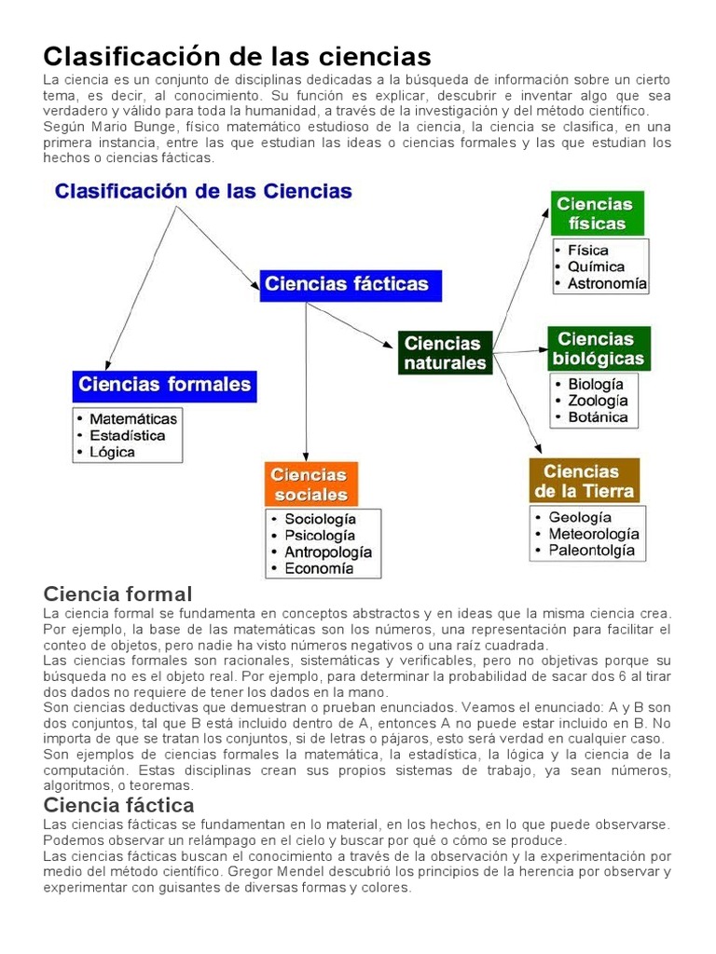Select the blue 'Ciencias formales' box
click(x=164, y=385)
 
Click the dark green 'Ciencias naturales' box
click(x=445, y=353)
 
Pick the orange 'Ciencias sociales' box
click(x=310, y=484)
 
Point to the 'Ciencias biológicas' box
click(x=598, y=348)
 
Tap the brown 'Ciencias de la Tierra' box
click(x=584, y=481)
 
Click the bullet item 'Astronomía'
click(x=607, y=284)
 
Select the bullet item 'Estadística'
click(x=128, y=435)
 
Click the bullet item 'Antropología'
click(x=328, y=552)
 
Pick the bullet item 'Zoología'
click(x=598, y=401)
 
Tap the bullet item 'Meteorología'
click(x=594, y=534)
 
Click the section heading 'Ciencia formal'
click(x=117, y=593)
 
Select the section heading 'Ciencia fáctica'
click(x=119, y=805)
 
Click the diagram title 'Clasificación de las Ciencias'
click(x=203, y=192)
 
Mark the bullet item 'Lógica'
click(x=113, y=452)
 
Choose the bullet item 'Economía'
click(x=319, y=568)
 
